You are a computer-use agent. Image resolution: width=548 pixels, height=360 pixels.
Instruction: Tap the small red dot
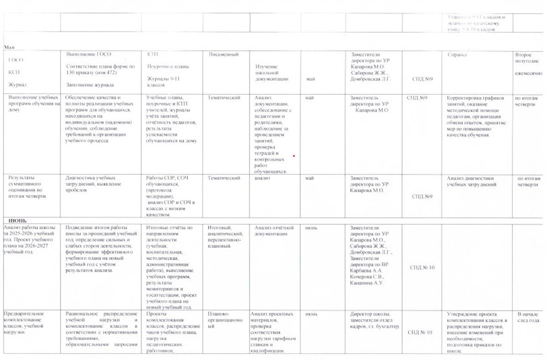pyautogui.click(x=294, y=156)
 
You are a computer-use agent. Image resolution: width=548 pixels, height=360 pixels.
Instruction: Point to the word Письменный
pyautogui.click(x=223, y=55)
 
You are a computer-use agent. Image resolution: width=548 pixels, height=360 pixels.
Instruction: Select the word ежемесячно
pyautogui.click(x=529, y=73)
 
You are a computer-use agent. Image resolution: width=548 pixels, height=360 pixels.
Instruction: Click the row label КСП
pyautogui.click(x=14, y=72)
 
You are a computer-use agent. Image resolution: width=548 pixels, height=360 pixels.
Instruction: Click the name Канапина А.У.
pyautogui.click(x=367, y=283)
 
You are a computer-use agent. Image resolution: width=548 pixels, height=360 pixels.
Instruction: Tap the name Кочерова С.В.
pyautogui.click(x=367, y=276)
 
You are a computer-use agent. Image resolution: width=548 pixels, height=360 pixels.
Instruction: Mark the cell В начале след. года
pyautogui.click(x=528, y=317)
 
